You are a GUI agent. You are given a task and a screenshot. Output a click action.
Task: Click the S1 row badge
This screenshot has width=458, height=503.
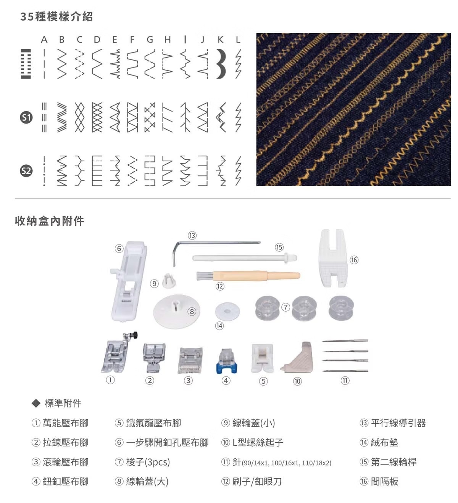pos(26,117)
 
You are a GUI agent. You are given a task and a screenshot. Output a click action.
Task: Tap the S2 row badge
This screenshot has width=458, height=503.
pos(26,171)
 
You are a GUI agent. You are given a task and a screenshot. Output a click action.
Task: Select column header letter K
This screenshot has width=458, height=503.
pos(220,40)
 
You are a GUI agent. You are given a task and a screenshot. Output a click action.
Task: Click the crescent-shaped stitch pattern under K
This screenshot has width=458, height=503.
pos(221,64)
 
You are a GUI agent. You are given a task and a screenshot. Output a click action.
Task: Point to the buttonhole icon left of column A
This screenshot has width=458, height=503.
pos(26,64)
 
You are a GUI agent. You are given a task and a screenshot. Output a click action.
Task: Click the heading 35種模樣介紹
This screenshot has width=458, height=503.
pos(57,17)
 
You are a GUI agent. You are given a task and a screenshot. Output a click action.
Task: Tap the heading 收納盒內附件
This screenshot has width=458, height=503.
pos(50,221)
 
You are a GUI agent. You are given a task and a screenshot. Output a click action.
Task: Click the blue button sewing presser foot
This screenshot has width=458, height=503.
pos(226,361)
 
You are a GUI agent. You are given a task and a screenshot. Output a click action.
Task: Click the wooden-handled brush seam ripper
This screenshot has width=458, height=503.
pos(248,276)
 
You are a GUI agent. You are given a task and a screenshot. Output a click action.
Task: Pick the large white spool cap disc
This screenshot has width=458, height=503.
pos(176,312)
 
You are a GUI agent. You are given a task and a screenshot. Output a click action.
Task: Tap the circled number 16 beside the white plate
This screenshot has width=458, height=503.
pos(354,260)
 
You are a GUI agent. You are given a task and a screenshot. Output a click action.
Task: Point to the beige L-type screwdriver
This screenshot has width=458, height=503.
pos(297,358)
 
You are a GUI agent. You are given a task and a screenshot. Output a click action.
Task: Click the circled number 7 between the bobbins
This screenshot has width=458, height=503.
pos(285,307)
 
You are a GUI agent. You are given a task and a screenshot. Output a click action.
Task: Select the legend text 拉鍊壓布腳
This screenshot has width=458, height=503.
pos(66,443)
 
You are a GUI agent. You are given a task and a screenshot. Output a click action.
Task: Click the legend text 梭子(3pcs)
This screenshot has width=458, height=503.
pos(148,462)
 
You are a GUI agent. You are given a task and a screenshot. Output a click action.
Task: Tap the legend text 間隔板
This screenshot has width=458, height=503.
pos(384,481)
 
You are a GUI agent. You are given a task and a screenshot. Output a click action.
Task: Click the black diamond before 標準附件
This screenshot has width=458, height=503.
pos(36,403)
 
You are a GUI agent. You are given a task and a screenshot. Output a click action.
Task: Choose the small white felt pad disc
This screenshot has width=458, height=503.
pos(227,312)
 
